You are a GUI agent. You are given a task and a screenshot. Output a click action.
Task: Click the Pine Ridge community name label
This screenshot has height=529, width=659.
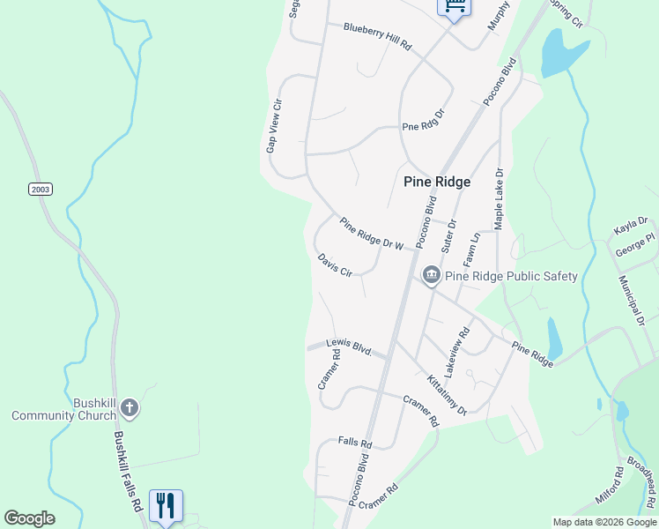click(x=437, y=182)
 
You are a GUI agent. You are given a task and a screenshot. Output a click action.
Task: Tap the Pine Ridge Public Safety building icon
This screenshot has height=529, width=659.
click(x=432, y=276)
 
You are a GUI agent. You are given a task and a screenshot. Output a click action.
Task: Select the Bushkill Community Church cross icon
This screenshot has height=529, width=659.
click(x=130, y=407)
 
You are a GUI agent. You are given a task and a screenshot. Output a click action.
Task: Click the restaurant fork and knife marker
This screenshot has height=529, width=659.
click(x=166, y=505)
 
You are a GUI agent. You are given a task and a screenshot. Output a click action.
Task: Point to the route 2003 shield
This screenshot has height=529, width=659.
click(x=41, y=189)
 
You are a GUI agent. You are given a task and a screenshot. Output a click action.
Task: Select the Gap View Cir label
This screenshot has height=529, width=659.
click(x=276, y=126)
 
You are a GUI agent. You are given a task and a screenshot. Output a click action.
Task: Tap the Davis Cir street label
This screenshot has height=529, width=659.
click(x=335, y=265)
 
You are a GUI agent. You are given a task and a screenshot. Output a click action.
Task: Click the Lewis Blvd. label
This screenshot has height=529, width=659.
click(x=349, y=346)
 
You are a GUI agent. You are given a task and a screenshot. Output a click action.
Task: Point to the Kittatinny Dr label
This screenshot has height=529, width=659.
click(x=447, y=394)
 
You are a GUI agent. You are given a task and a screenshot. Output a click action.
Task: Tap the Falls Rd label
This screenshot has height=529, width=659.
click(x=355, y=441)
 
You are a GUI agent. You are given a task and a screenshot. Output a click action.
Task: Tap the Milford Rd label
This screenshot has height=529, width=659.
click(x=610, y=485)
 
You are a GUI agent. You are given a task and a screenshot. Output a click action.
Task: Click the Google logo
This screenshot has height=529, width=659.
click(x=30, y=518)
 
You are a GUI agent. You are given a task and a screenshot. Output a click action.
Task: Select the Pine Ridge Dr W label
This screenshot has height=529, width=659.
click(x=370, y=234)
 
